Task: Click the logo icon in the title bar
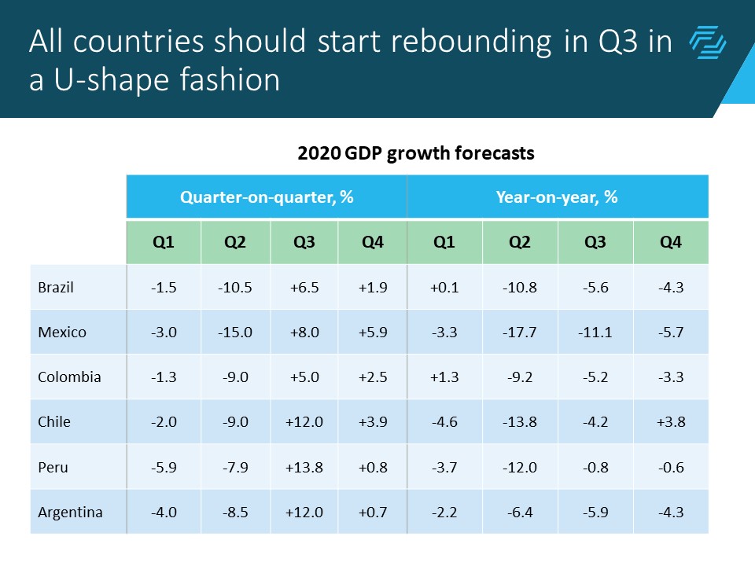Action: pyautogui.click(x=708, y=42)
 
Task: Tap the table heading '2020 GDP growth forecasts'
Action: pyautogui.click(x=416, y=153)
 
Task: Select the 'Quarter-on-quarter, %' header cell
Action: pyautogui.click(x=267, y=197)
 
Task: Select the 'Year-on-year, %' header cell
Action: pyautogui.click(x=557, y=197)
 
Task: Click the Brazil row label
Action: pyautogui.click(x=56, y=287)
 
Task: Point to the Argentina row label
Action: pyautogui.click(x=70, y=512)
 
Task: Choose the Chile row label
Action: pyautogui.click(x=54, y=421)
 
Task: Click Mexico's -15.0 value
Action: pyautogui.click(x=235, y=332)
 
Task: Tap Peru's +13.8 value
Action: pyautogui.click(x=304, y=467)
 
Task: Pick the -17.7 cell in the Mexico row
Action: pyautogui.click(x=519, y=332)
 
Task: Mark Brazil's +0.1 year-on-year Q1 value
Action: pyautogui.click(x=444, y=287)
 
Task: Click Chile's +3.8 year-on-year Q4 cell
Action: pyautogui.click(x=670, y=421)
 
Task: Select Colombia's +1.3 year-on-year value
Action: pyautogui.click(x=444, y=377)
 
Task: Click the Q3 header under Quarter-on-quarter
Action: pyautogui.click(x=304, y=243)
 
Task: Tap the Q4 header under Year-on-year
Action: pyautogui.click(x=670, y=243)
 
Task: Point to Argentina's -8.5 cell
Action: pyautogui.click(x=235, y=512)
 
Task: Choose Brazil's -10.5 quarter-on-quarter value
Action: pyautogui.click(x=235, y=287)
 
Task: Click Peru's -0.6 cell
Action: pyautogui.click(x=670, y=467)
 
